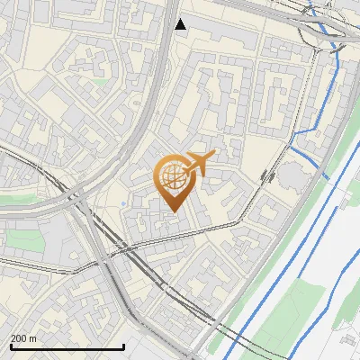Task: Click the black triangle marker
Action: coord(181,24)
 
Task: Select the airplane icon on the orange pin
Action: coord(200,163)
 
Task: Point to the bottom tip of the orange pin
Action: coord(173,211)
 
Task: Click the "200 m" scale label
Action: coord(24,337)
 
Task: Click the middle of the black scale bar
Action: coord(67,346)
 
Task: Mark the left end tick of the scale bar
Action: coord(10,345)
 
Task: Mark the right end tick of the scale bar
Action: coord(123,345)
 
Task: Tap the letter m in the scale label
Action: coord(33,337)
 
